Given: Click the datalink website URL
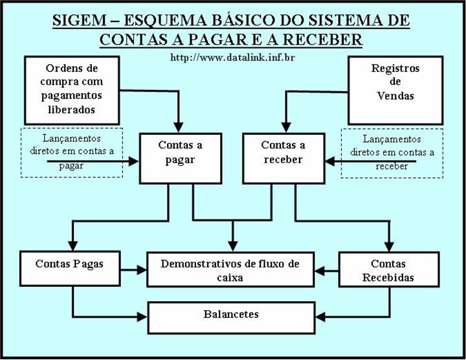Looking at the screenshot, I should pyautogui.click(x=232, y=57).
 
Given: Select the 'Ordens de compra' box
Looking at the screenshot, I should pyautogui.click(x=71, y=89).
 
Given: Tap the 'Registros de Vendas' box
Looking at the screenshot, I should pyautogui.click(x=395, y=89).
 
